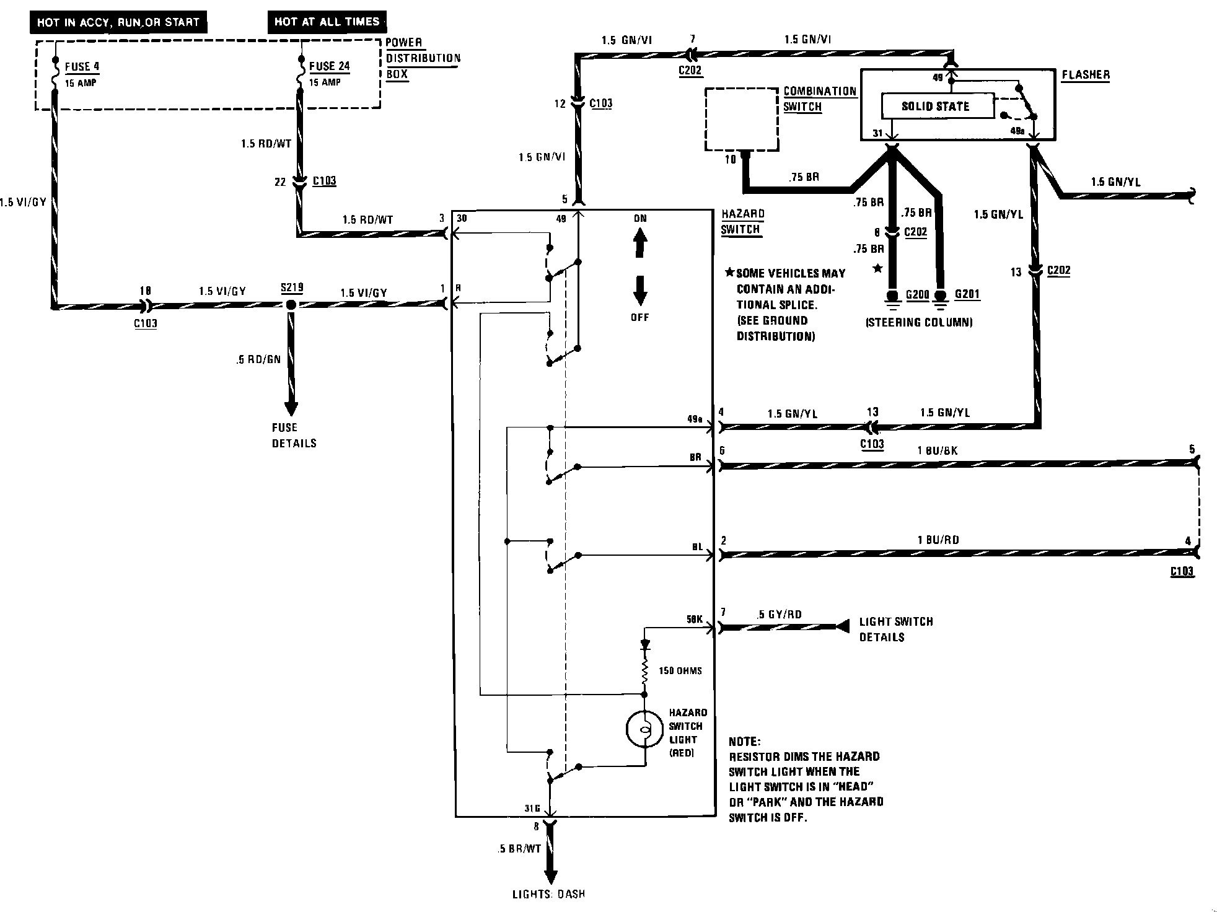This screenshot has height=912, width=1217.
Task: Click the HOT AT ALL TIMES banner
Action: (327, 22)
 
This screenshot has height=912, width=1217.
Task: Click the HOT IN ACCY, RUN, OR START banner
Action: (118, 22)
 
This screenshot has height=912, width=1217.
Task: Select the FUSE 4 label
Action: (82, 66)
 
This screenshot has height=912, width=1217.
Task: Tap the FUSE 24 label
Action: (330, 66)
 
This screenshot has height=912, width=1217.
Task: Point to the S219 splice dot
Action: (290, 305)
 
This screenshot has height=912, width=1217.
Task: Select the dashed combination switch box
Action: (742, 119)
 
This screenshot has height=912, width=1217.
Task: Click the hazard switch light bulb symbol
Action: (644, 730)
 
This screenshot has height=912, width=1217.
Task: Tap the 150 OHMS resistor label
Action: (680, 670)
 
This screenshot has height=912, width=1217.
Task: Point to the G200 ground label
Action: (917, 294)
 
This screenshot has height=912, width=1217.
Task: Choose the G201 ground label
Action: (967, 294)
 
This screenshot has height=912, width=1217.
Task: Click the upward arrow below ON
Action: (640, 243)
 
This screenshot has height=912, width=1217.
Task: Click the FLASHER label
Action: (1086, 75)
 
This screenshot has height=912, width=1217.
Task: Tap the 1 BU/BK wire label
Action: (937, 450)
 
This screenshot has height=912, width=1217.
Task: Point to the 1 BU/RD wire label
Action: (938, 540)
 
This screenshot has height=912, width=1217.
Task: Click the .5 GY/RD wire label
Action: (779, 615)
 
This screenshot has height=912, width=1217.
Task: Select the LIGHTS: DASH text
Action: (548, 894)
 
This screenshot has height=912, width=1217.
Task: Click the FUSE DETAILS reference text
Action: (294, 435)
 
